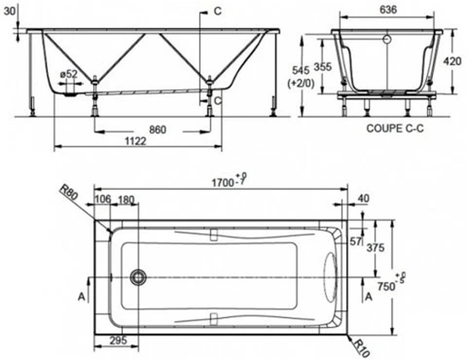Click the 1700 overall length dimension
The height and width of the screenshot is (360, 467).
pos(223,182)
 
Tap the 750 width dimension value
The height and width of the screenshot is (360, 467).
pos(386,286)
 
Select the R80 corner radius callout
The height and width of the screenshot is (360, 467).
pos(69,192)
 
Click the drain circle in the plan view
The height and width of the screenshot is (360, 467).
pos(138,277)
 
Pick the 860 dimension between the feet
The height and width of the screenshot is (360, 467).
pos(157,130)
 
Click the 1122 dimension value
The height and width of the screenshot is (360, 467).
pos(135,141)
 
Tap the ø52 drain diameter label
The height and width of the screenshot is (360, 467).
pos(69,74)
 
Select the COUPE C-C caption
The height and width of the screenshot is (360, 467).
pos(395,129)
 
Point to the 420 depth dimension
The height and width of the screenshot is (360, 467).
pos(452,61)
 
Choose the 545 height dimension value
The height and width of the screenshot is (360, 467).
pos(301,70)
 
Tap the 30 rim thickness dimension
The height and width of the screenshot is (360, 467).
pos(9,12)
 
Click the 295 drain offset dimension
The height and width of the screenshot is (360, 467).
pos(118,340)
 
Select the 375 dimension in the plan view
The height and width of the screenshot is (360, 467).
pos(375,247)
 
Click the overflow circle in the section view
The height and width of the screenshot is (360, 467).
pos(387,39)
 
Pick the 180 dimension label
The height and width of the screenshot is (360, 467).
pos(126,200)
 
